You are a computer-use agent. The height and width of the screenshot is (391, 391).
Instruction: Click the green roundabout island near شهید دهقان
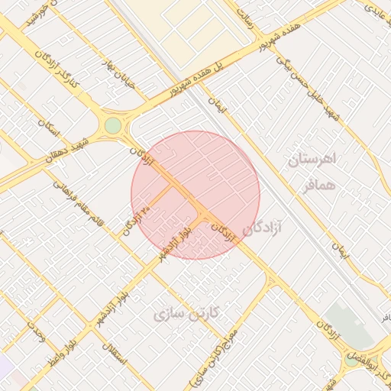click(x=113, y=124)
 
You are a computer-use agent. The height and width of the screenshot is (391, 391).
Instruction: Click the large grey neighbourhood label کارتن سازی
click(x=186, y=313)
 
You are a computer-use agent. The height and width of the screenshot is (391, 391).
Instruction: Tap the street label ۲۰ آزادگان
click(x=135, y=222)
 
